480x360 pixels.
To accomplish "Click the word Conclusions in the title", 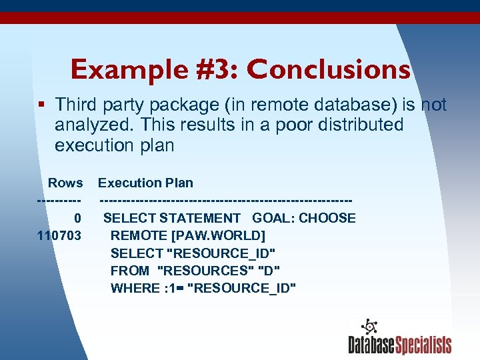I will click(x=328, y=69).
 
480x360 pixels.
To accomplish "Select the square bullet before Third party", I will click(x=42, y=105).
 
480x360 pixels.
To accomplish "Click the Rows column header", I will click(x=65, y=183).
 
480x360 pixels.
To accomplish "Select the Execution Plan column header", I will click(x=145, y=183).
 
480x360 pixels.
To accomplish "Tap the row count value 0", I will click(x=78, y=218).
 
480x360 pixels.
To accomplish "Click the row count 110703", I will click(x=59, y=235).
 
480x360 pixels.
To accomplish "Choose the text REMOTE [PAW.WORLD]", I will click(x=187, y=235).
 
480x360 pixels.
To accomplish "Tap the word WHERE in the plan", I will click(x=133, y=288).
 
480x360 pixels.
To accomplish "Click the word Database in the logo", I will click(x=371, y=345).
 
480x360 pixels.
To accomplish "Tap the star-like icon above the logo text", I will click(x=369, y=327).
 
